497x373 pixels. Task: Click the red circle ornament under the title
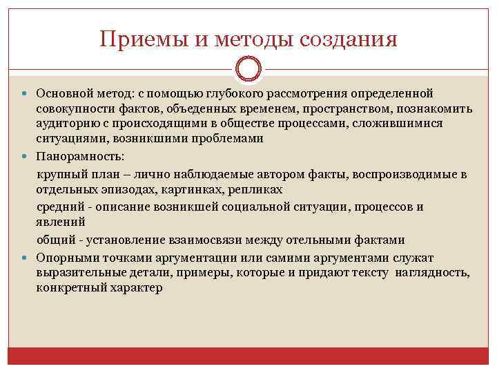click(248, 70)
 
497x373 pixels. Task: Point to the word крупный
click(59, 173)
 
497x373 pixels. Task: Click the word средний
click(59, 207)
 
